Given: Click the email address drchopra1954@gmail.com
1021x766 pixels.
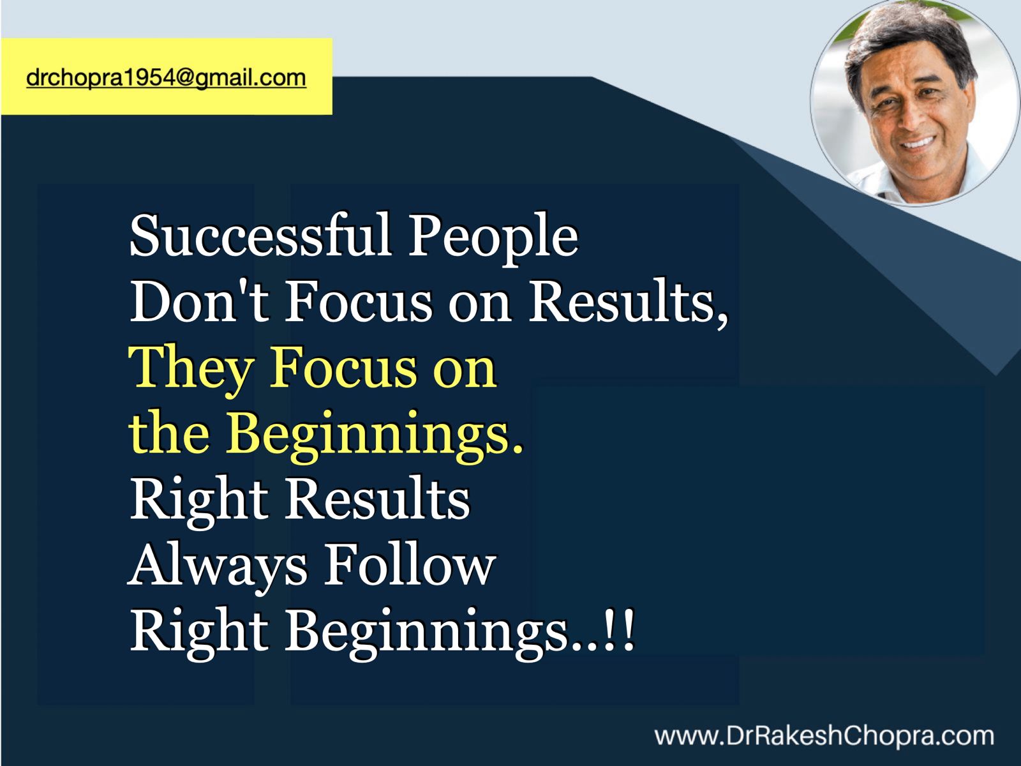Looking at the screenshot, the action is pyautogui.click(x=166, y=78).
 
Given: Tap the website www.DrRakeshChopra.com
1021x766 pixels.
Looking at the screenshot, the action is pyautogui.click(x=824, y=736).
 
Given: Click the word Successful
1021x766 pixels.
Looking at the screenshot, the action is pyautogui.click(x=260, y=236).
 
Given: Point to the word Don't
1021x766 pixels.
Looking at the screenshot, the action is pyautogui.click(x=200, y=300).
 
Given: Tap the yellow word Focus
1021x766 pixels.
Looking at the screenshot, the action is pyautogui.click(x=344, y=368).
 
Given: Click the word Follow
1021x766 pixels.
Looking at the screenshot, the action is pyautogui.click(x=410, y=563).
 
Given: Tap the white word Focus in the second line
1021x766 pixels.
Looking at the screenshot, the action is pyautogui.click(x=359, y=301).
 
